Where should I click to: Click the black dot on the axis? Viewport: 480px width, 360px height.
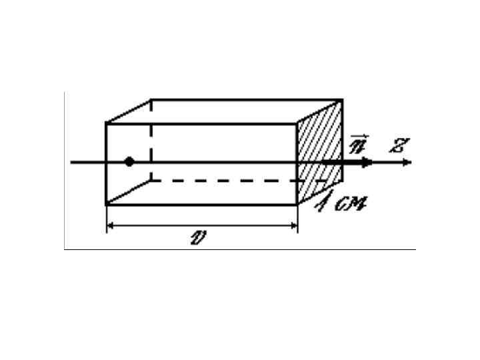[129, 161]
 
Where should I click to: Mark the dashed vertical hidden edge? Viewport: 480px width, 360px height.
[151, 140]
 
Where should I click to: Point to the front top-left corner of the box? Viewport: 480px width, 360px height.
[107, 123]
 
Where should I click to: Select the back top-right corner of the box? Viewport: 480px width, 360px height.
[343, 100]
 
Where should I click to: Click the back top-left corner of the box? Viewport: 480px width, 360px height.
[151, 100]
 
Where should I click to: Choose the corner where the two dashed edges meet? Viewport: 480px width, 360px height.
[151, 179]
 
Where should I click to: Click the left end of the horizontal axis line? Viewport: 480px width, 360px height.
[71, 161]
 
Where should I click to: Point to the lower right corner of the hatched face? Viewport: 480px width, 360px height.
[343, 179]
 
